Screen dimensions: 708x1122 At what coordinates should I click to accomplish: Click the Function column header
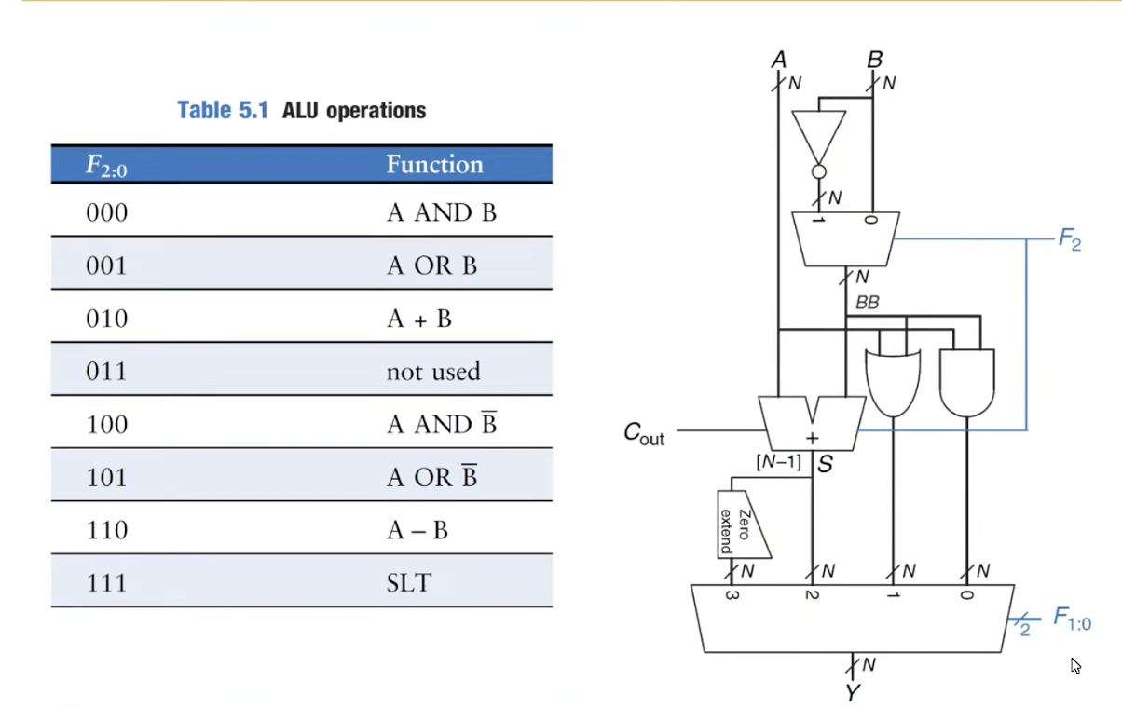point(434,165)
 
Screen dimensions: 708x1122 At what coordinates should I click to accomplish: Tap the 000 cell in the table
point(106,213)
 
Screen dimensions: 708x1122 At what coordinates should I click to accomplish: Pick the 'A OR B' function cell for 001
point(431,266)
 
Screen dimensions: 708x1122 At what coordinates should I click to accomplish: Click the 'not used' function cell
point(433,372)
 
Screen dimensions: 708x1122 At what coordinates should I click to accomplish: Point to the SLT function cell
point(409,583)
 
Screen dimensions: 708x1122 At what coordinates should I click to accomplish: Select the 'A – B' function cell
point(417,531)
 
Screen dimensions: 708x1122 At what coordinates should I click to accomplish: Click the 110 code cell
point(106,531)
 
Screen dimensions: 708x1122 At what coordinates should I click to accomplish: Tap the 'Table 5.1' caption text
point(223,111)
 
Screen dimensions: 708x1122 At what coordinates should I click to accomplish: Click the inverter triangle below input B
point(819,136)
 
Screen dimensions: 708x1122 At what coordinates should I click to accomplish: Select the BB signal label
point(867,304)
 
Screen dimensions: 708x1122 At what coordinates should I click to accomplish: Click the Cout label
point(643,433)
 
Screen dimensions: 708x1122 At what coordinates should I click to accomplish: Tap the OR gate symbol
point(893,382)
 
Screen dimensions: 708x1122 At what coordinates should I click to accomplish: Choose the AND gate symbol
point(967,382)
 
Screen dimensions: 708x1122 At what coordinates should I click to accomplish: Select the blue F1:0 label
point(1072,619)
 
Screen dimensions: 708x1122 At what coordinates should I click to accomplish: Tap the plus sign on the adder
point(812,438)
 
